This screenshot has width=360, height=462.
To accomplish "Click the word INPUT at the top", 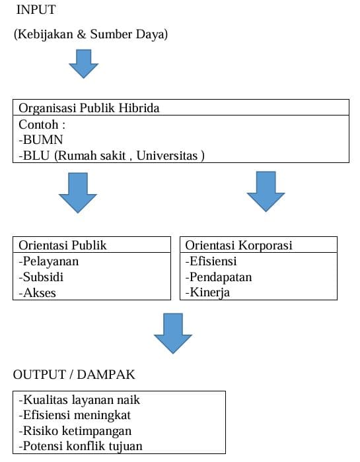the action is click(x=36, y=10).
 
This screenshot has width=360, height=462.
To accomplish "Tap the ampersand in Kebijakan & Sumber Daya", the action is click(x=81, y=34).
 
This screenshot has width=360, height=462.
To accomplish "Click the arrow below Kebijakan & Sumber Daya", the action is click(x=84, y=63).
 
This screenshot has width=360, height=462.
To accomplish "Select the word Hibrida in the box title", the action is click(x=139, y=108).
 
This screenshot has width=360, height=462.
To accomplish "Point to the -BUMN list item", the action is click(x=41, y=140).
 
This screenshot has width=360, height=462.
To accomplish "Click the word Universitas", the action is click(x=167, y=156).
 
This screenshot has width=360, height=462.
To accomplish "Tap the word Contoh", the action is click(x=38, y=124).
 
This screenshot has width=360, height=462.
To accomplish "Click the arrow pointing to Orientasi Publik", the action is click(x=78, y=193).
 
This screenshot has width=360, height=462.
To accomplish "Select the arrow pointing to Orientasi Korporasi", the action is click(x=266, y=191).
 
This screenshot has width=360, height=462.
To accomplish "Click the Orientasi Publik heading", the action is click(x=63, y=245).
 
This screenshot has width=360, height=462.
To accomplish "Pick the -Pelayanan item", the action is click(x=49, y=261).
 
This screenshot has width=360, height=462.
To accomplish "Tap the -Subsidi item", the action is click(x=41, y=277).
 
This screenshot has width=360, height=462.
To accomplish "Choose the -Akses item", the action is click(x=37, y=293).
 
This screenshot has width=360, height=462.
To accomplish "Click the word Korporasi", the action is click(x=266, y=245).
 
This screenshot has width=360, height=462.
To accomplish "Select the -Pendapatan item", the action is click(x=219, y=277).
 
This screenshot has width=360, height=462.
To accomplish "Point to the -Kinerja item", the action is click(x=207, y=292).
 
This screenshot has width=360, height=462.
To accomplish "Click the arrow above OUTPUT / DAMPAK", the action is click(x=173, y=333).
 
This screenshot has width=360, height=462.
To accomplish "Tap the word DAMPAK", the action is click(x=106, y=375).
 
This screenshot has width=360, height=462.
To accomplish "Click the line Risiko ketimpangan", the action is click(x=75, y=431).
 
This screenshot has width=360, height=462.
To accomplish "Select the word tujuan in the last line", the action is click(x=126, y=446).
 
